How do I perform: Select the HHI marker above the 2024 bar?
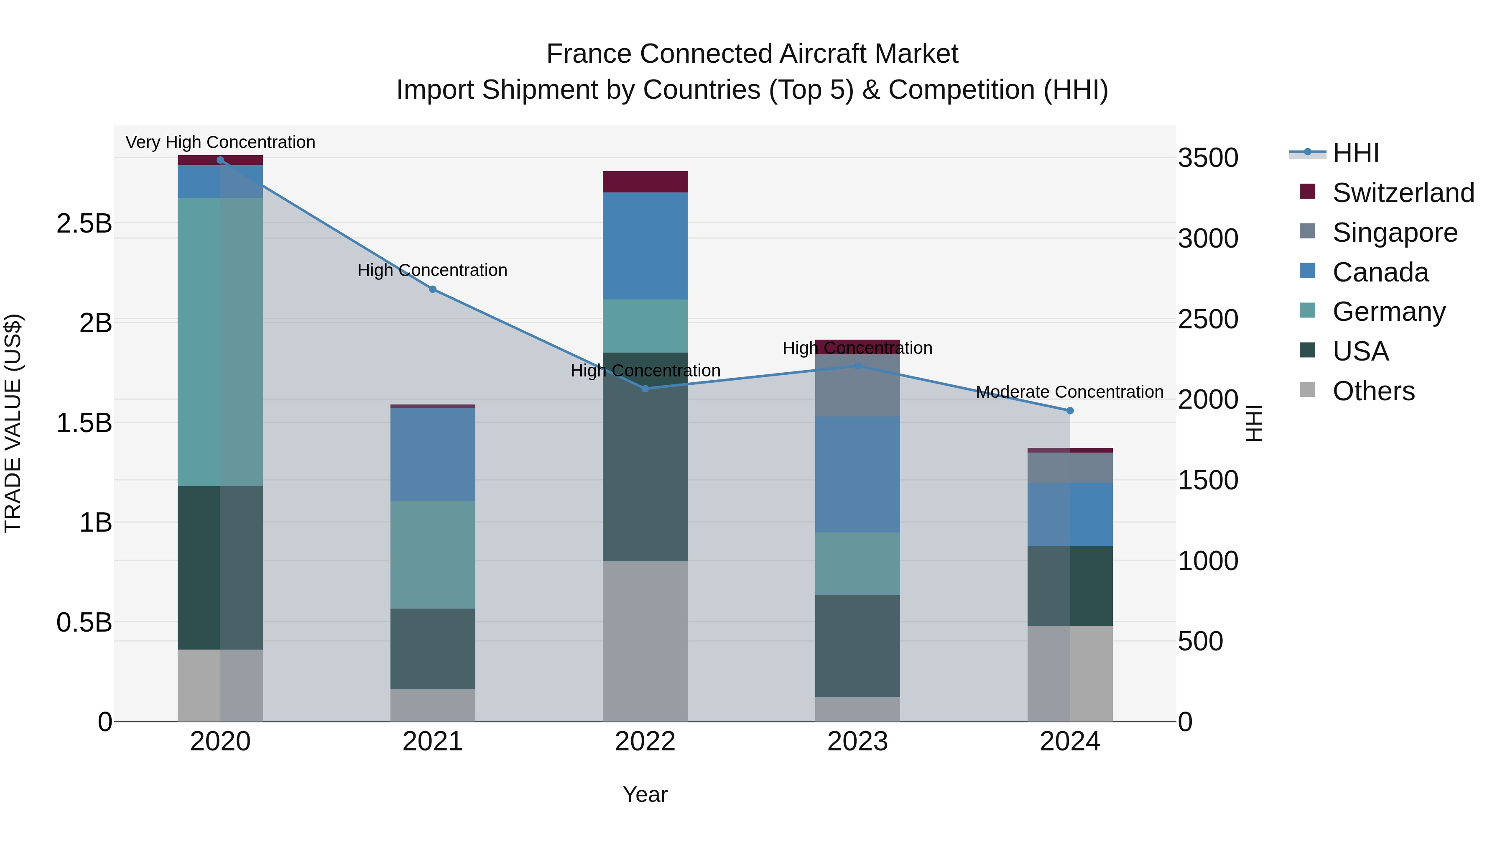pos(1070,411)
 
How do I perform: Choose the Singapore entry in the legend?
pos(1395,233)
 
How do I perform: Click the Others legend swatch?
pos(1308,390)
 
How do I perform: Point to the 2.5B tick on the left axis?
pos(84,223)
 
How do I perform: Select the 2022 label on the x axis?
pos(645,742)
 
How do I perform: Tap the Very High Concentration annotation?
pos(220,142)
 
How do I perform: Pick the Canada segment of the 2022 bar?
pos(645,246)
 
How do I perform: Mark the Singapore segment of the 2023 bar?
pos(857,386)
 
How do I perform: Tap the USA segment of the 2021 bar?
pos(432,649)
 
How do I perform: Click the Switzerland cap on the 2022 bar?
pos(645,182)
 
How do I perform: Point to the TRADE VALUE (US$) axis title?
pos(13,423)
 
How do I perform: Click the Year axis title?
pos(645,794)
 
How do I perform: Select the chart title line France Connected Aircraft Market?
pos(752,54)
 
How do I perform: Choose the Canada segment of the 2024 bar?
pos(1070,514)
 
